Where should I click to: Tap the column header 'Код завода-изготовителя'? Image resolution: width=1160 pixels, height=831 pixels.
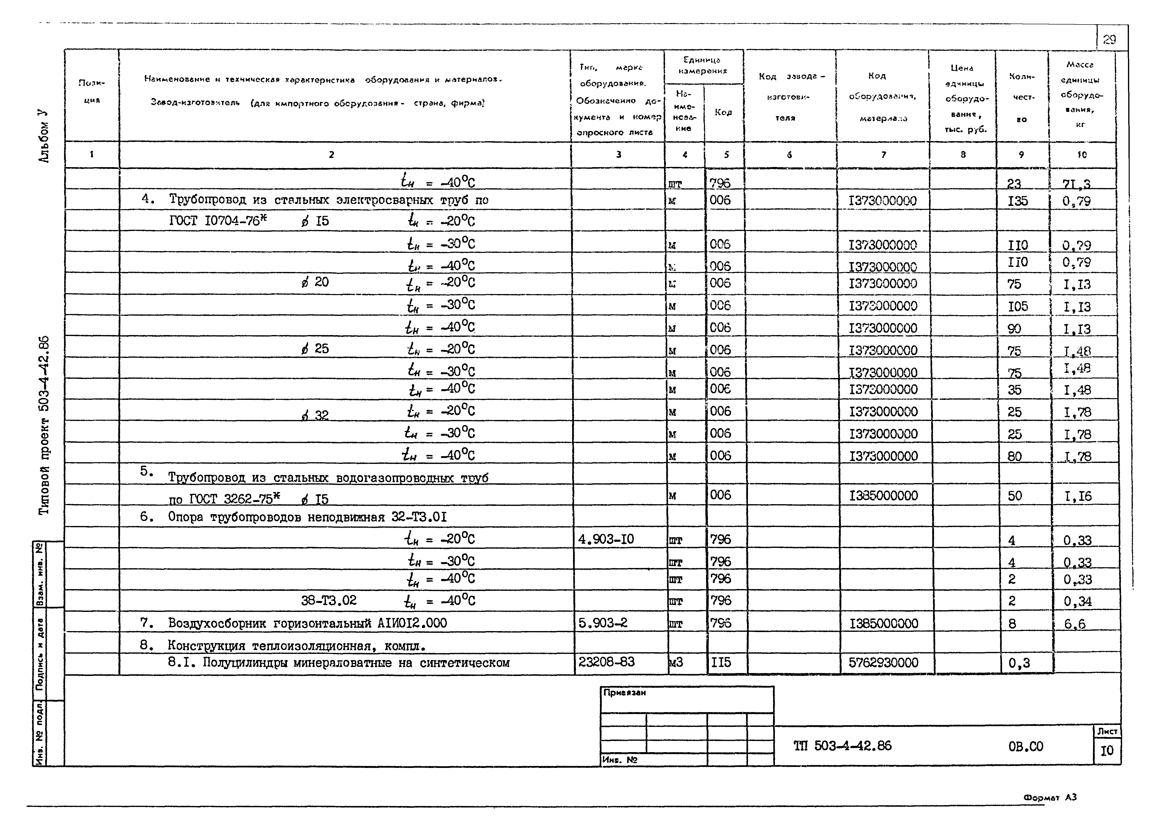click(x=790, y=97)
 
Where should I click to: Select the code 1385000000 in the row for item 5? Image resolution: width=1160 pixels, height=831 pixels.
click(x=883, y=495)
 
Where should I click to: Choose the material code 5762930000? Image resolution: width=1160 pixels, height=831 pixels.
click(x=883, y=663)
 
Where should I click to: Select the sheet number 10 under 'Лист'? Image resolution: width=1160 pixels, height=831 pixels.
click(x=1107, y=751)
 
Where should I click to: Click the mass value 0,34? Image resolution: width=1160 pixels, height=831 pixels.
click(x=1078, y=601)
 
